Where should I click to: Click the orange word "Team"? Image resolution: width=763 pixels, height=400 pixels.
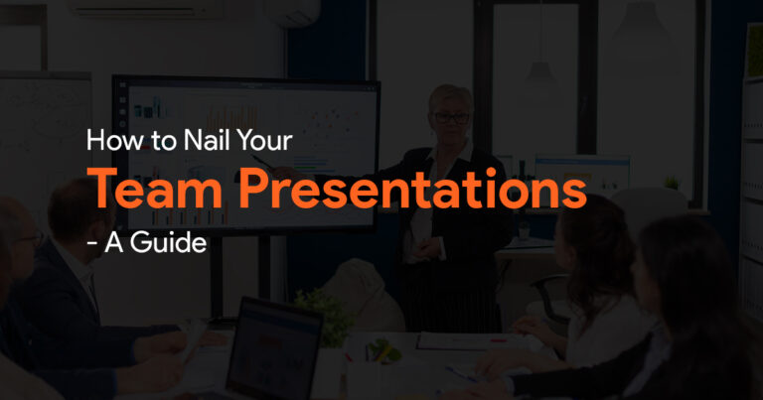tap(155, 189)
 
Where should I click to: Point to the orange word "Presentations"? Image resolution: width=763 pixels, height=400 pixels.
tap(412, 189)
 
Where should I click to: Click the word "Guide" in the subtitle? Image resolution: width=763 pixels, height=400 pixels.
tap(168, 241)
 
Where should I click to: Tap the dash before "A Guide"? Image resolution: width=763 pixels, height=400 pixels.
tap(91, 243)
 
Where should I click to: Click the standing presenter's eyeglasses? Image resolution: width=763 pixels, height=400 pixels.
tap(451, 118)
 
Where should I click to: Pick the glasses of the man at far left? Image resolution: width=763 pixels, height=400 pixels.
tap(30, 238)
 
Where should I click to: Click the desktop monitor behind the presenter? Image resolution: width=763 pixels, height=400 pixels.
tap(582, 174)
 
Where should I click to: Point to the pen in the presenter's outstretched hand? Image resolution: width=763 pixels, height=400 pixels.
tap(262, 162)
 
